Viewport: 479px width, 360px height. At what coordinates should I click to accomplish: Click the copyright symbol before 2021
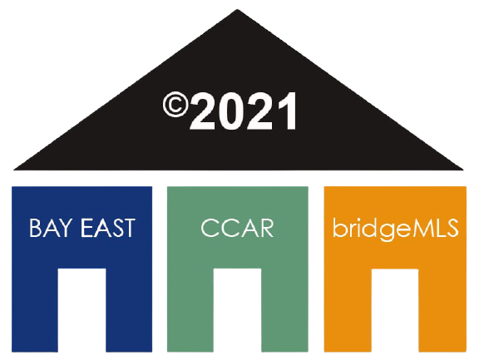click(175, 105)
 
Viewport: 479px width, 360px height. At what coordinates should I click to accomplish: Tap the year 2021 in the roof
click(243, 111)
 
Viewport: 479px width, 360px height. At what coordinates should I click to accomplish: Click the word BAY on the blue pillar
click(52, 228)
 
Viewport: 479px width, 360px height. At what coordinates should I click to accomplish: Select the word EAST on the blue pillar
click(108, 228)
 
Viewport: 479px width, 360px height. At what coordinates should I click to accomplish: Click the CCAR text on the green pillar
click(237, 228)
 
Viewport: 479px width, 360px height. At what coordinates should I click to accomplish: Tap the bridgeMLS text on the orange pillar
click(395, 228)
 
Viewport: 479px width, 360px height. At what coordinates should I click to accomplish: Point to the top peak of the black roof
click(237, 10)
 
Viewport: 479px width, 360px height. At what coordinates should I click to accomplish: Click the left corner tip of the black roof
click(14, 169)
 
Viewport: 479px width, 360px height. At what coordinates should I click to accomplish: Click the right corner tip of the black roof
click(462, 169)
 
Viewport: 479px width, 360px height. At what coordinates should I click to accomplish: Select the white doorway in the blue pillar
click(81, 310)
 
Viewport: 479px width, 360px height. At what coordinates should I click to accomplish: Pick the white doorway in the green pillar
click(237, 310)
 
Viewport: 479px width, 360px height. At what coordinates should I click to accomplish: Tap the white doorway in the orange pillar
click(395, 310)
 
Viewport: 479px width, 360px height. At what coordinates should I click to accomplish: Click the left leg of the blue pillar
click(35, 310)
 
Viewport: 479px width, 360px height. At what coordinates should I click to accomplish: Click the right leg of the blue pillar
click(129, 310)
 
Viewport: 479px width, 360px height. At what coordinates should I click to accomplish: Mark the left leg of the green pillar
click(190, 310)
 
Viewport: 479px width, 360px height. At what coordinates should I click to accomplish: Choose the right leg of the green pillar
click(284, 310)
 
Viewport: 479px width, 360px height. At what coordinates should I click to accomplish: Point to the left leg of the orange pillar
click(348, 310)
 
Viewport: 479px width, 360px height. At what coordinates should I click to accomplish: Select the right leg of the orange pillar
click(442, 310)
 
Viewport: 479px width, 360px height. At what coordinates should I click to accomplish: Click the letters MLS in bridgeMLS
click(435, 228)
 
